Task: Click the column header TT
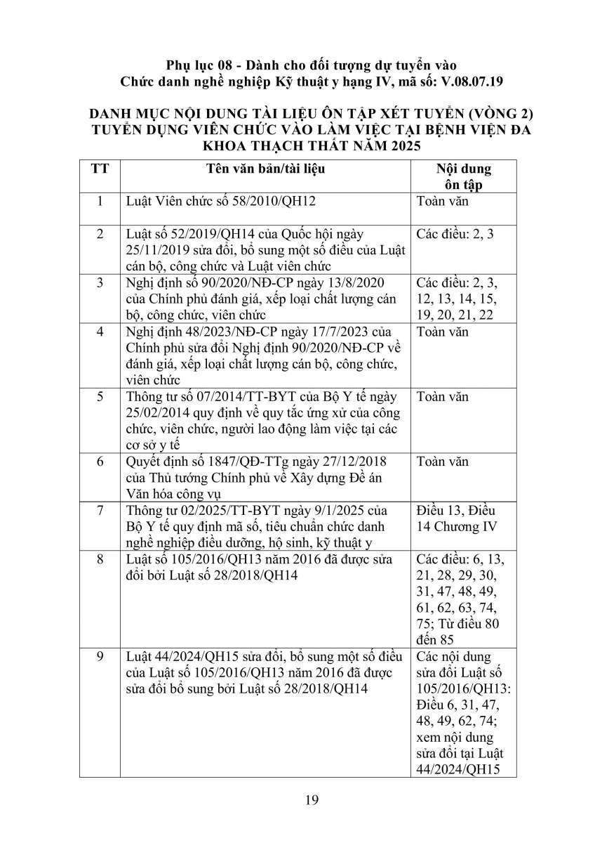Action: point(100,169)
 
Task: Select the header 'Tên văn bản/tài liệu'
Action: point(265,169)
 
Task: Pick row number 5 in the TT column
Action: point(100,397)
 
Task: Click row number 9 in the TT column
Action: point(100,657)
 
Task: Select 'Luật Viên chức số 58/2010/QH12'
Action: point(221,202)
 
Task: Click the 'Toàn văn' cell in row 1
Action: point(442,202)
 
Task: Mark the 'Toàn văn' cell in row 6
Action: point(442,462)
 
